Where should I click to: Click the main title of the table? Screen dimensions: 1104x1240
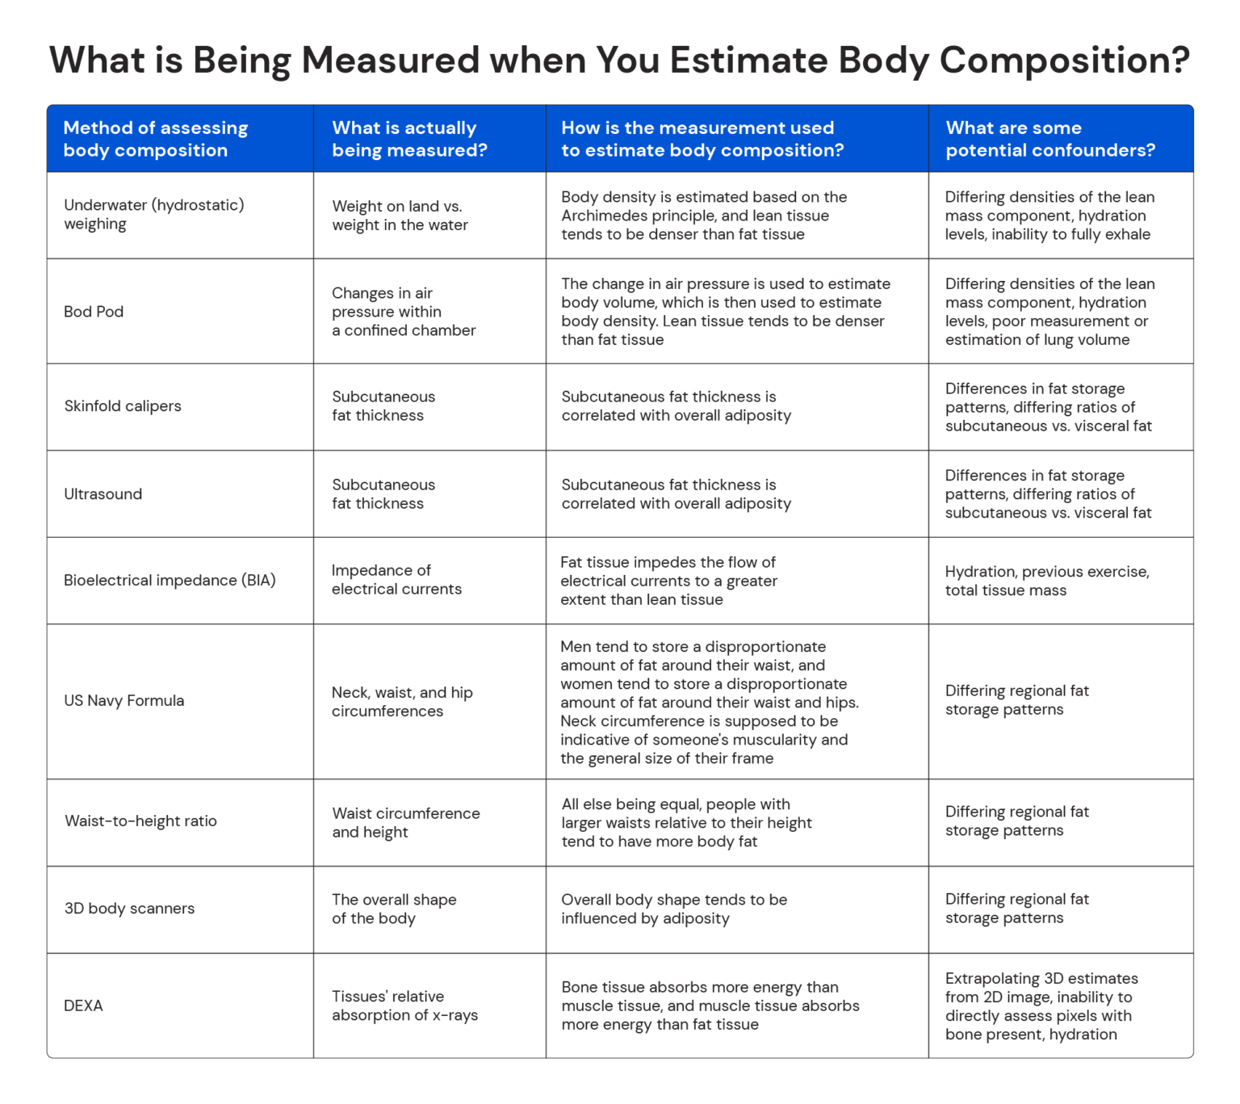619,61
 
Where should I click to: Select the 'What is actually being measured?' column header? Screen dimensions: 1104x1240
409,139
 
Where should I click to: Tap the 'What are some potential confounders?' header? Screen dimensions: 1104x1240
1049,139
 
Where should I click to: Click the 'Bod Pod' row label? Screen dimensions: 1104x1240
94,312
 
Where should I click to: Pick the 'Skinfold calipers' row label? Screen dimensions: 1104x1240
123,406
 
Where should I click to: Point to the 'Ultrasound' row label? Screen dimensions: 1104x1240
103,494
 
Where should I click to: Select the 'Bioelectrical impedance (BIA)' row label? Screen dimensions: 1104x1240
170,581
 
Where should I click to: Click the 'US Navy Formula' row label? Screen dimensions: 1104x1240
124,701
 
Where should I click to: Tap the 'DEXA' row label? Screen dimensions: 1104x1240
83,1006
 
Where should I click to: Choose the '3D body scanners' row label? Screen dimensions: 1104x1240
129,909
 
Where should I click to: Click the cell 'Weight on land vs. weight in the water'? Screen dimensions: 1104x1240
400,216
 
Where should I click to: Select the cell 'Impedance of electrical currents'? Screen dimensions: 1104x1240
396,580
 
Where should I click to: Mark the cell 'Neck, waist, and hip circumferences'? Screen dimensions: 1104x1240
402,702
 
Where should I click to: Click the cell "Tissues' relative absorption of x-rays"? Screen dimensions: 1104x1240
404,1005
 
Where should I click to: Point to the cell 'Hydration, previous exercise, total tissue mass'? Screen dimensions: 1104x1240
1047,581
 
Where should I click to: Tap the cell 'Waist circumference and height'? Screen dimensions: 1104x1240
405,822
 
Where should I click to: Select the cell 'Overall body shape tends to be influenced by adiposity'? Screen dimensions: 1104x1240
673,909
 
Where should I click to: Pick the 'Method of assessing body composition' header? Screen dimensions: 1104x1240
155,139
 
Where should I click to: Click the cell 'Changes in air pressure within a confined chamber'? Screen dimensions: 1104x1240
403,312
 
